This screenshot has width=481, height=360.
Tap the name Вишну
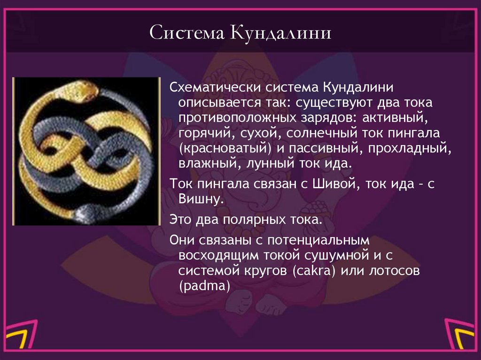click(200, 199)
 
